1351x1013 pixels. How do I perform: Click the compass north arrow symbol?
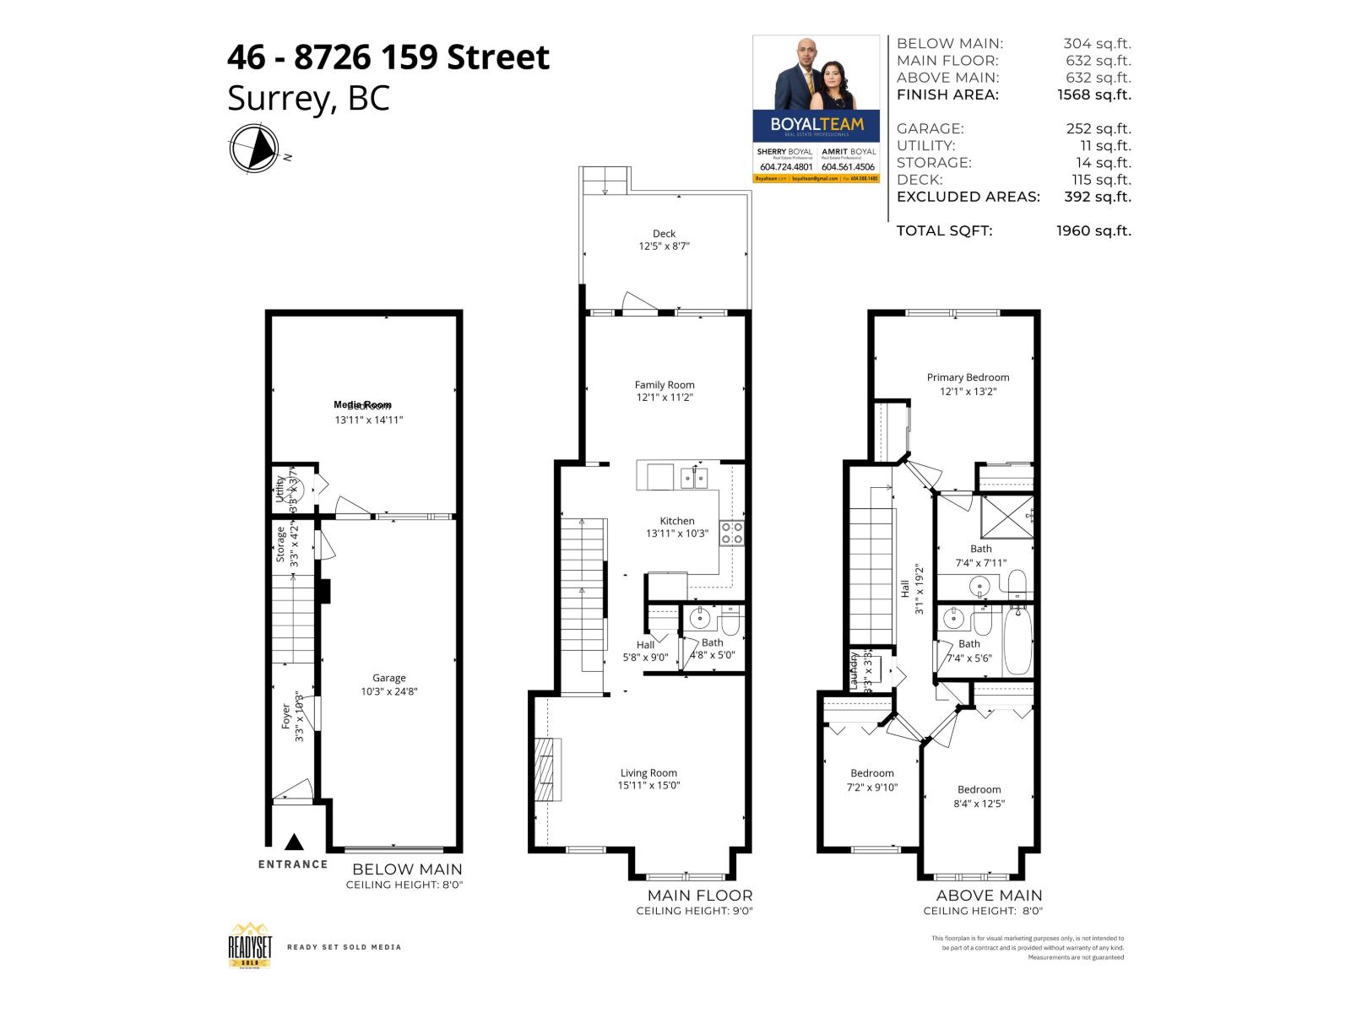tap(253, 149)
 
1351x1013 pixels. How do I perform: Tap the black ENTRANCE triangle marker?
tap(294, 842)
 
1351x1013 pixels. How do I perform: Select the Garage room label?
tap(389, 678)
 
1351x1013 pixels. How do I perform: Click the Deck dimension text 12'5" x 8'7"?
tap(664, 246)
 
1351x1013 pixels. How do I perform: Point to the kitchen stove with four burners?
tap(731, 533)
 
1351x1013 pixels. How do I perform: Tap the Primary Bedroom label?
tap(968, 377)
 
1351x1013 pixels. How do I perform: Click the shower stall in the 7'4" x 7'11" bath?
tap(1006, 516)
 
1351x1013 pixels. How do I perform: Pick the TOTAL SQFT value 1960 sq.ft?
tap(1093, 230)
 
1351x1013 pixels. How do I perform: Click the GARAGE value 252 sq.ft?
tap(1099, 128)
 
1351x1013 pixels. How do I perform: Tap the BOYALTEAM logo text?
tap(817, 124)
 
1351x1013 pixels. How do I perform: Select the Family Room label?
tap(665, 385)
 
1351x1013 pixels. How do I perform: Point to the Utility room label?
tap(279, 489)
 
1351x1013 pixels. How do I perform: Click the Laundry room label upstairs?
tap(854, 670)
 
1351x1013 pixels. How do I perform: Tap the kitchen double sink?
tap(695, 478)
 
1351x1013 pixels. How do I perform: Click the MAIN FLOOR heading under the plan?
tap(699, 895)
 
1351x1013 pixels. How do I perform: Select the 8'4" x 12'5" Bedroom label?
tap(979, 789)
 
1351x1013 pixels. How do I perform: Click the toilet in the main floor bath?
tap(730, 620)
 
